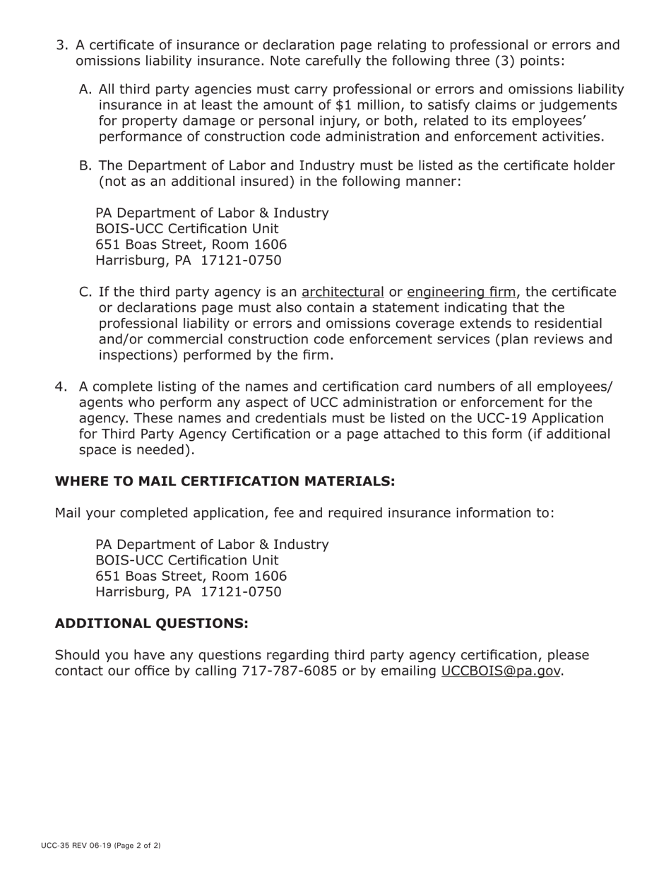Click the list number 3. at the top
click(61, 46)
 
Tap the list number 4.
click(61, 386)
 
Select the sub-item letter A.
click(85, 90)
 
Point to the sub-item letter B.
click(85, 166)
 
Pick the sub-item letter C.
click(85, 292)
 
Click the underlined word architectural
click(343, 292)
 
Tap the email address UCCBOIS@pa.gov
click(501, 671)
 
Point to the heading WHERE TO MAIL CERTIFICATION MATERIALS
click(225, 482)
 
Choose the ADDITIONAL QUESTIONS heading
click(152, 624)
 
